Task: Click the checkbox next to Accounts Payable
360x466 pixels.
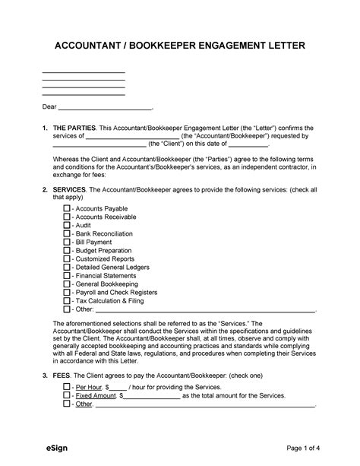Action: click(x=67, y=208)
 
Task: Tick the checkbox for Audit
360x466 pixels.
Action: click(x=67, y=225)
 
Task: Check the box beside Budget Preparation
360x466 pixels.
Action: click(x=67, y=250)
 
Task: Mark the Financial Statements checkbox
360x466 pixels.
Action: click(x=67, y=275)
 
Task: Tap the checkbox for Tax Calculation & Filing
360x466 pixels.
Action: click(x=67, y=301)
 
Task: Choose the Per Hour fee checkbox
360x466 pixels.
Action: click(x=67, y=386)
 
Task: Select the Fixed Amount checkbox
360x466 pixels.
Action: click(x=67, y=395)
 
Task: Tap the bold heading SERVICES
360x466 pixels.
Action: click(x=70, y=188)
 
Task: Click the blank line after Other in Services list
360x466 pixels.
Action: click(x=205, y=310)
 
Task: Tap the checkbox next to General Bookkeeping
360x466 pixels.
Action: click(x=67, y=284)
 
